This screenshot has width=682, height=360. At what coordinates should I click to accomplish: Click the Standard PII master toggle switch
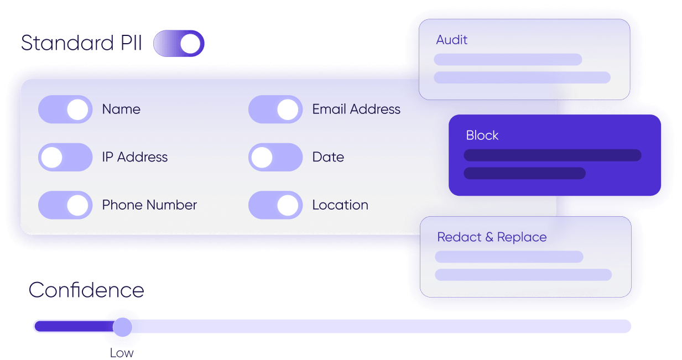tap(179, 44)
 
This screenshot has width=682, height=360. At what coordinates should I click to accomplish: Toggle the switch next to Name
tap(65, 109)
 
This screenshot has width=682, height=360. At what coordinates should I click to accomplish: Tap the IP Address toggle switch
tap(65, 157)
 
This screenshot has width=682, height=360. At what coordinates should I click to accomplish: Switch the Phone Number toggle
tap(65, 205)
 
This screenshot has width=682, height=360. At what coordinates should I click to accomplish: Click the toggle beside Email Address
tap(275, 109)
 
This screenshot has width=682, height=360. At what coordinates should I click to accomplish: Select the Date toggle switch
tap(275, 157)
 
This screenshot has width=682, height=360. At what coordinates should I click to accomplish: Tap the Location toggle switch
tap(275, 205)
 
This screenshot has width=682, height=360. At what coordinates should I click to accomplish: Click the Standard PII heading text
tap(81, 44)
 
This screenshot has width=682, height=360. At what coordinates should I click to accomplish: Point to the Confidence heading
tap(86, 290)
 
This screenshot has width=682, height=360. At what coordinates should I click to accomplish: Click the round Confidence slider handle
tap(122, 327)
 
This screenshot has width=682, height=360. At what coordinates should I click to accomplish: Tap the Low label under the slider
tap(122, 353)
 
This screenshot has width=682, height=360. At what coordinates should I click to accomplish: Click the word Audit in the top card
tap(451, 40)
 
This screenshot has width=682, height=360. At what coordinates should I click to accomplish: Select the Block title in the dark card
tap(482, 135)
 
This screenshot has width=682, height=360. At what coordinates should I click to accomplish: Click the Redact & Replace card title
tap(492, 237)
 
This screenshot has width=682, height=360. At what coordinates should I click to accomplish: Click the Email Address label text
tap(356, 109)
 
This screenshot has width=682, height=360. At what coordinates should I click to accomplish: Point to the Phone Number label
tap(149, 205)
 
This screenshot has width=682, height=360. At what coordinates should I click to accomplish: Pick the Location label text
tap(340, 205)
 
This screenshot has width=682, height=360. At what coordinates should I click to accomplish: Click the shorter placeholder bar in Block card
tap(524, 173)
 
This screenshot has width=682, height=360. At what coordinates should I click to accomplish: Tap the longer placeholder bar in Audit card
tap(522, 77)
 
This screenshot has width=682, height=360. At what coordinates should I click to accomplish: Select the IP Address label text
tap(134, 157)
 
